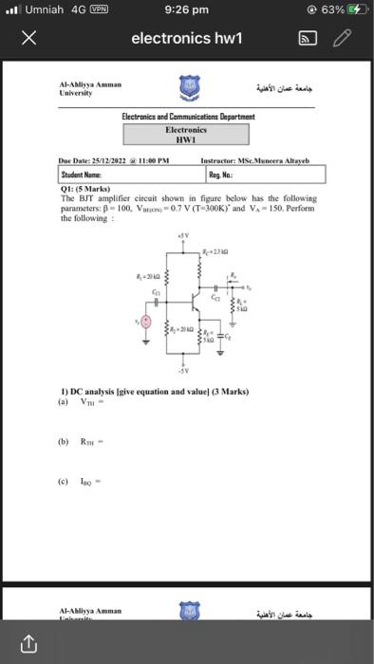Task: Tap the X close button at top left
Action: (28, 38)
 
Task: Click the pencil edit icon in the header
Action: (343, 38)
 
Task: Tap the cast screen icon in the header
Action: (309, 38)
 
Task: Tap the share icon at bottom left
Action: (27, 645)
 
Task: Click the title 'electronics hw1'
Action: (187, 38)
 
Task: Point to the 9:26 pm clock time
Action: (186, 9)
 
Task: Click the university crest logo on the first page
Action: (186, 90)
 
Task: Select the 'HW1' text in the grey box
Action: (187, 138)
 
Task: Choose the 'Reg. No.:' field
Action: (263, 175)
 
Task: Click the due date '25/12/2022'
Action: (106, 161)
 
